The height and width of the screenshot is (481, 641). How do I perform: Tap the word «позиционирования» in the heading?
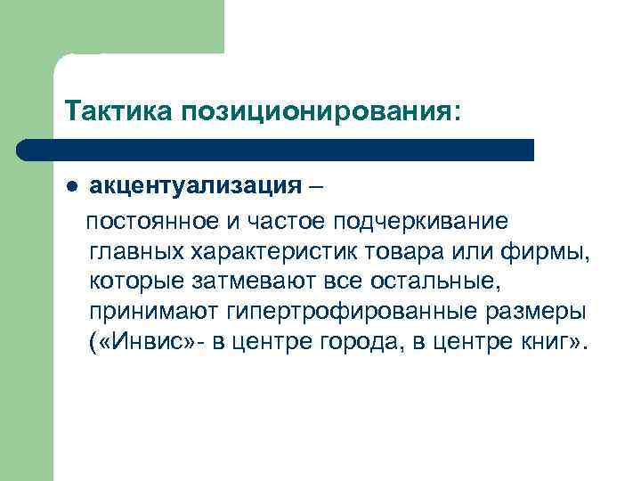(321, 113)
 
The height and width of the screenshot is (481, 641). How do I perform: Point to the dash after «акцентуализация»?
(318, 186)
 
